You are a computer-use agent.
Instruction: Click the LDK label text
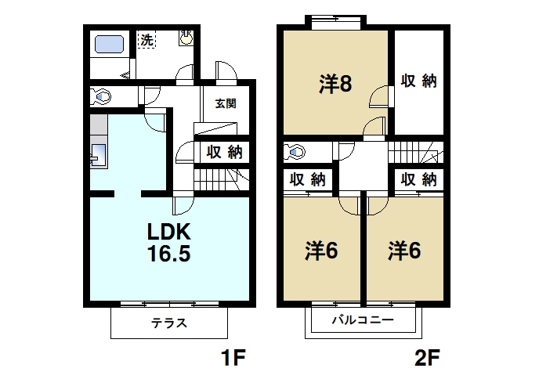click(170, 233)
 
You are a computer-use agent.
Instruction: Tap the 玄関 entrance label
click(226, 103)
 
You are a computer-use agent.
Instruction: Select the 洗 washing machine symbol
click(147, 40)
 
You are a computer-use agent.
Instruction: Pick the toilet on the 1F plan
click(101, 97)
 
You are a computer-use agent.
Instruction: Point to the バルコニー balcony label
click(362, 320)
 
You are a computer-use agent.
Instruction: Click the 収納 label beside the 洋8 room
click(418, 81)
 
